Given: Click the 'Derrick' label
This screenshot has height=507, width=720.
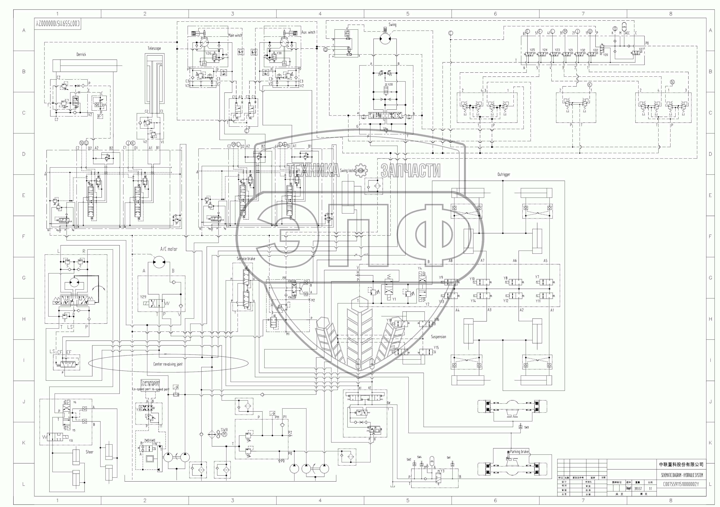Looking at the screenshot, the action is click(81, 55).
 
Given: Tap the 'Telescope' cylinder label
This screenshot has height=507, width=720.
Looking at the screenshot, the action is click(154, 48).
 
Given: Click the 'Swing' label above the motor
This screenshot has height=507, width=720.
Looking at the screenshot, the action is click(392, 24).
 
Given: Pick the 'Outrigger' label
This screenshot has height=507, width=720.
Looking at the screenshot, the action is click(504, 174).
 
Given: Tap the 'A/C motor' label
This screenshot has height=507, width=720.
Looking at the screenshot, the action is click(169, 249).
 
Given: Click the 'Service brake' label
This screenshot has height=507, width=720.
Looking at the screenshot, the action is click(246, 259).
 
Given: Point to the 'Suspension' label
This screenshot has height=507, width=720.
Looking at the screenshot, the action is click(438, 337).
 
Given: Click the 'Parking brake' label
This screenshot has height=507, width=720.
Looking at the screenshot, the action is click(519, 451).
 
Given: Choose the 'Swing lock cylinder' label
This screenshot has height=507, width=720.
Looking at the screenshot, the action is click(352, 171).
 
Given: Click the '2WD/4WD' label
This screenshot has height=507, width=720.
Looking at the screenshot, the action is click(150, 441).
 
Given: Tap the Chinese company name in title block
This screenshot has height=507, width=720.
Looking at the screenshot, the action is click(680, 464).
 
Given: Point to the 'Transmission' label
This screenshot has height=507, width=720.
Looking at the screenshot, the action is click(150, 382).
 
